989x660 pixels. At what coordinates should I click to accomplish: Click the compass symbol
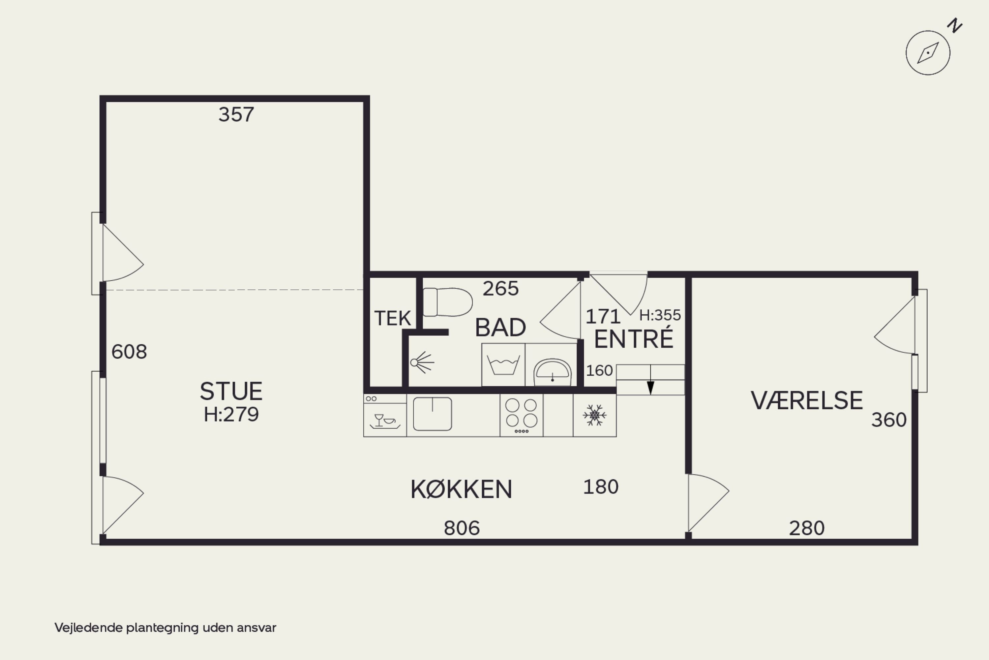click(928, 53)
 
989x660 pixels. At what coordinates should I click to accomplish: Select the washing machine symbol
click(503, 364)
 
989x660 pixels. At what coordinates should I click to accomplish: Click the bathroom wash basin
click(552, 371)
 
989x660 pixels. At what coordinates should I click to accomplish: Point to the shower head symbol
click(422, 362)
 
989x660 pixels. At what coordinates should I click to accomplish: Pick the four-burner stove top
click(521, 415)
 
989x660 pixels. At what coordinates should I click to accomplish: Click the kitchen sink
click(433, 414)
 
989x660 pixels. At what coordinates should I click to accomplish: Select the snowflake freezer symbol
click(594, 415)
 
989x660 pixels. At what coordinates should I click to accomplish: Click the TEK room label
click(393, 318)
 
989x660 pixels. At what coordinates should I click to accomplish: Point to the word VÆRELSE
click(806, 400)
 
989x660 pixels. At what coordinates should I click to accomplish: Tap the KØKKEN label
click(461, 489)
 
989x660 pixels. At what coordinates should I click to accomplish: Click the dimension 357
click(236, 114)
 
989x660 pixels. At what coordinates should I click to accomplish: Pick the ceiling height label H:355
click(660, 315)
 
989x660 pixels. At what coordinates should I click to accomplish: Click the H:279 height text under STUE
click(231, 415)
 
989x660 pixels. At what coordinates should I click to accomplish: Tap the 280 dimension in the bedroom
click(806, 528)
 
